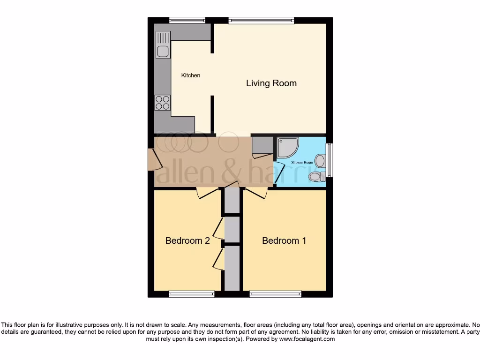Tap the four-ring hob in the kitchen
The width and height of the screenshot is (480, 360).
[x=163, y=103]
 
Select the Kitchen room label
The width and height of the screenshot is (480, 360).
[x=191, y=75]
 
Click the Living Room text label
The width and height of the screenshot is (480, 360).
[x=271, y=83]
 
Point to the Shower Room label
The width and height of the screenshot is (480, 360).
[x=302, y=163]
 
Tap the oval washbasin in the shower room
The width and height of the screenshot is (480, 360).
[x=321, y=161]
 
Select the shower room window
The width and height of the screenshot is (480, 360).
[x=329, y=160]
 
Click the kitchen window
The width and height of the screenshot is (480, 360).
[x=187, y=20]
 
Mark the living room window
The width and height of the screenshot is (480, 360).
[x=261, y=20]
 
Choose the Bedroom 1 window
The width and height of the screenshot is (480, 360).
[x=275, y=294]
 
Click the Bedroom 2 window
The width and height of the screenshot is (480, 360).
[x=191, y=294]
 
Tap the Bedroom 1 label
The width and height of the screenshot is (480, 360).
[x=284, y=241]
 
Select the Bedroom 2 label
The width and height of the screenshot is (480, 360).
[x=187, y=241]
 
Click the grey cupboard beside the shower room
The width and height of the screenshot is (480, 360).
[x=262, y=145]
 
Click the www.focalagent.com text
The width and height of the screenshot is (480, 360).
[x=307, y=339]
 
